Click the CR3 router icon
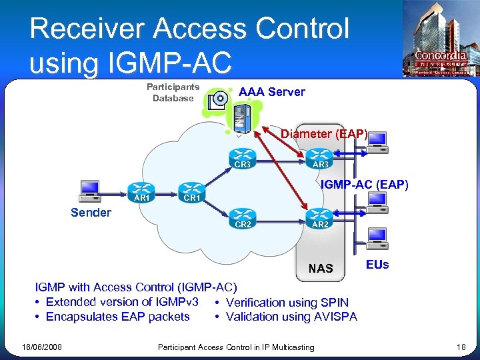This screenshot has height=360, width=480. tap(241, 155)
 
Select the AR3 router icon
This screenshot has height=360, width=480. tap(319, 155)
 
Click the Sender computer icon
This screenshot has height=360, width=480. tap(89, 190)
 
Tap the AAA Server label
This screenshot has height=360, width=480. tap(272, 92)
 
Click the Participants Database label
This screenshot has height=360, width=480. tap(173, 93)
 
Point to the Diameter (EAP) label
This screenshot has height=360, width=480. tap(324, 134)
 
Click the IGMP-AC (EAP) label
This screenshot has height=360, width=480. tap(364, 185)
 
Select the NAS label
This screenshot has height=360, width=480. tap(321, 269)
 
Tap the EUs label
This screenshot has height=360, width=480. tap(377, 265)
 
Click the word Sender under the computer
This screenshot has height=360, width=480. tap(91, 213)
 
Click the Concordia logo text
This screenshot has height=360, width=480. tap(441, 56)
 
